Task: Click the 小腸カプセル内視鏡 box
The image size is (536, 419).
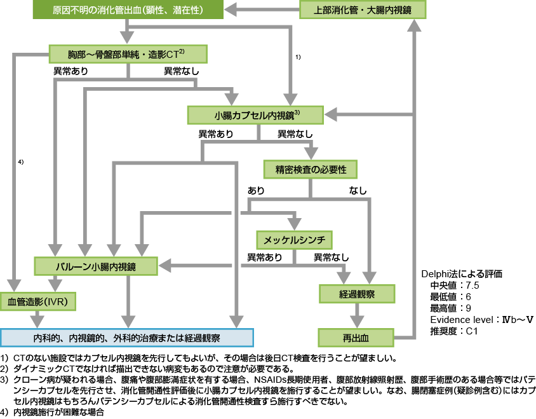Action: coord(257,114)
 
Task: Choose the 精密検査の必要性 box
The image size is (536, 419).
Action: coord(311,169)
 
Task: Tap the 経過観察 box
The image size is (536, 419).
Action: coord(357,293)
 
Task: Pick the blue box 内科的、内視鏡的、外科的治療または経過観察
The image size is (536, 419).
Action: coord(127,337)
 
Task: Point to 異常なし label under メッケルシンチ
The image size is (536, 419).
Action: coord(331,258)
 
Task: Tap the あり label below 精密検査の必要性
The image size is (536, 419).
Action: coord(256,190)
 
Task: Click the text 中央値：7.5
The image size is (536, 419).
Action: coord(455,285)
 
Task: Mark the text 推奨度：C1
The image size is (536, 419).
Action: coord(453,331)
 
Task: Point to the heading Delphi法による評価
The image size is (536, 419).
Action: coord(462,274)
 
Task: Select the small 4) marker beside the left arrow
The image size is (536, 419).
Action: coord(20,162)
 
